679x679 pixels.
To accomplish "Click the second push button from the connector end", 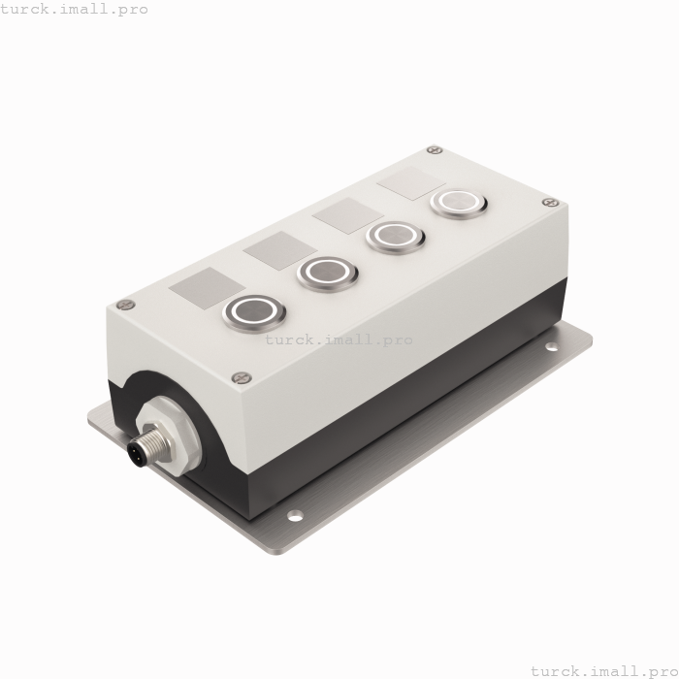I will (327, 273).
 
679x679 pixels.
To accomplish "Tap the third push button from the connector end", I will (395, 236).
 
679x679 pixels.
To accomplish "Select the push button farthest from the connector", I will (457, 203).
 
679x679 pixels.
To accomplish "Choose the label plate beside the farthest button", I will (410, 183).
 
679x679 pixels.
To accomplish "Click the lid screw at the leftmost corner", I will (124, 305).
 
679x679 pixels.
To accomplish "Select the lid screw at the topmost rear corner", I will (435, 150).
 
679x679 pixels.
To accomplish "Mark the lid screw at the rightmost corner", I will (550, 203).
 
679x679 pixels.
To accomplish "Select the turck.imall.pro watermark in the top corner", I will (75, 9).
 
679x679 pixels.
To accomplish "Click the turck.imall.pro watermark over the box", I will (339, 339).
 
